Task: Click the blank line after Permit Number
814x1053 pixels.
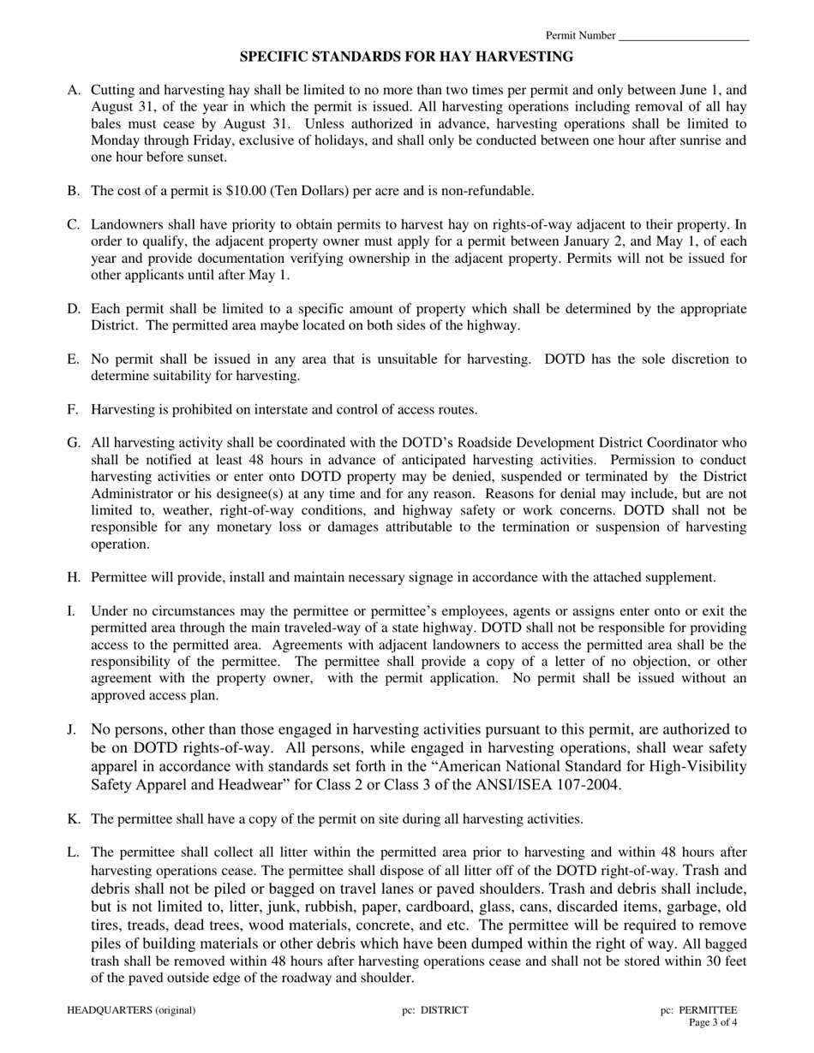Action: click(683, 37)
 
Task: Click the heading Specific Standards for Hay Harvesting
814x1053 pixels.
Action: click(406, 57)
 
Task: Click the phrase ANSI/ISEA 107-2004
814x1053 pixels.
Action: click(555, 784)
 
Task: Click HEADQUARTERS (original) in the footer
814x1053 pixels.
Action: click(131, 1010)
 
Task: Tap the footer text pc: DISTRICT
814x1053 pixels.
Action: click(435, 1010)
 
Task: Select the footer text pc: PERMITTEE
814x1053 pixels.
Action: click(698, 1010)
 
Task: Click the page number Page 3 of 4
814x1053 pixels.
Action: click(713, 1022)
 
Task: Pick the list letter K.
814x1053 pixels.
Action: click(72, 819)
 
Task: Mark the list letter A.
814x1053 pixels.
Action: click(72, 90)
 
